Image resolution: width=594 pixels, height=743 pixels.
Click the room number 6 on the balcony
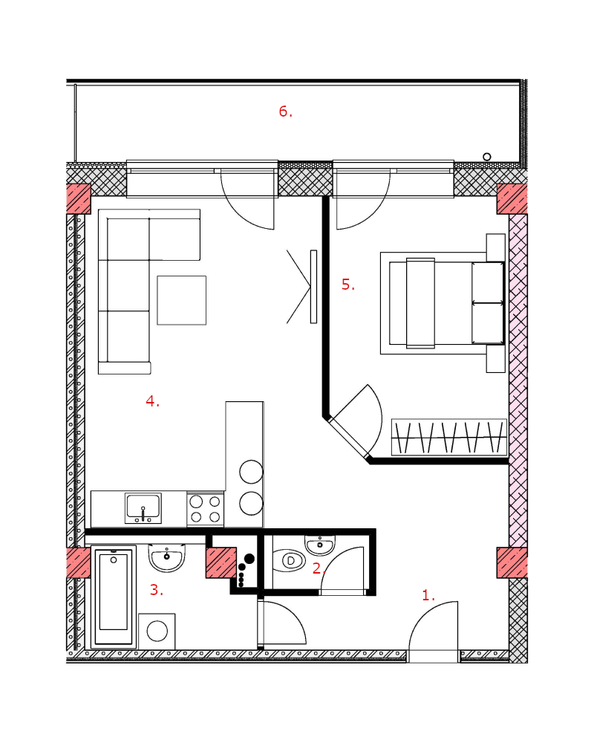[283, 111]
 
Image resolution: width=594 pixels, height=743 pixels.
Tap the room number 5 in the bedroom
[346, 285]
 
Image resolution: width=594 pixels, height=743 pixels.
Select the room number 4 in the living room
[150, 401]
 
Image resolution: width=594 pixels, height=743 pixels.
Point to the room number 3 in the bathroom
[154, 590]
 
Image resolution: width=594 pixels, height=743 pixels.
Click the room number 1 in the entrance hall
[425, 595]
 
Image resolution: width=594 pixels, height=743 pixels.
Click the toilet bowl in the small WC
[289, 560]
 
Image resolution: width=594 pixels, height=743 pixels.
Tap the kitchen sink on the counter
[143, 508]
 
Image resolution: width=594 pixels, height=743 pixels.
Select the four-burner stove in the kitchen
[206, 509]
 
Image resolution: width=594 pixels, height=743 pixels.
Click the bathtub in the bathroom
[114, 597]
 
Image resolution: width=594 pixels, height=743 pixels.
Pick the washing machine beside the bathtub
[157, 631]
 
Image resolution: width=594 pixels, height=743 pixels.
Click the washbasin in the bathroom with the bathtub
[167, 558]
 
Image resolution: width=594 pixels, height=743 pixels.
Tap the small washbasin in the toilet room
[320, 545]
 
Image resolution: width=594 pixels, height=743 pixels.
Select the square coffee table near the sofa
[181, 300]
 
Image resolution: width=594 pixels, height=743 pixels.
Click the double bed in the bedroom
[443, 303]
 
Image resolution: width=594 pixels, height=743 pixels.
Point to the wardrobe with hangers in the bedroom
[449, 437]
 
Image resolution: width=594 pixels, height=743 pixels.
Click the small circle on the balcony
[486, 156]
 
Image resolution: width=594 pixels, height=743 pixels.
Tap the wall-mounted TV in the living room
[313, 287]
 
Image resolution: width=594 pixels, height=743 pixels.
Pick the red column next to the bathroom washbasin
[221, 562]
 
